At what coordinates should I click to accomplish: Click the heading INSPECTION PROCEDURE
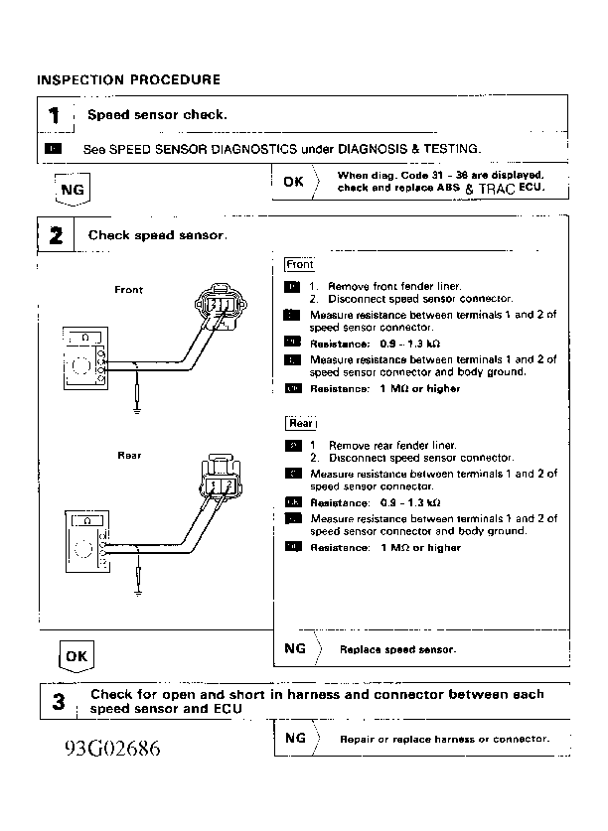coord(128,79)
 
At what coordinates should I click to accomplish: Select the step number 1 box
coord(56,116)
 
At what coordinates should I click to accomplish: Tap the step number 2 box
coord(56,236)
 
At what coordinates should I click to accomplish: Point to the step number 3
coord(58,702)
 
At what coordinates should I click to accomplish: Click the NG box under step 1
coord(72,189)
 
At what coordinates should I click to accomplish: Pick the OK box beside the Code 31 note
coord(293,183)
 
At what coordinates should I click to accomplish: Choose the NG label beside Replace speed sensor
coord(294,648)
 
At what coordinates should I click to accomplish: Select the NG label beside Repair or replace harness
coord(294,738)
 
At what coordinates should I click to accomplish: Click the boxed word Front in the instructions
coord(299,265)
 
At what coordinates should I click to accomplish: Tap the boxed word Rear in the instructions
coord(301,424)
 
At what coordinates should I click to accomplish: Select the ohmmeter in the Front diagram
coord(88,354)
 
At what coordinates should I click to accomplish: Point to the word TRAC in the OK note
coord(497,188)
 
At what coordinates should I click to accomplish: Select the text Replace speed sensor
coord(397,649)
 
